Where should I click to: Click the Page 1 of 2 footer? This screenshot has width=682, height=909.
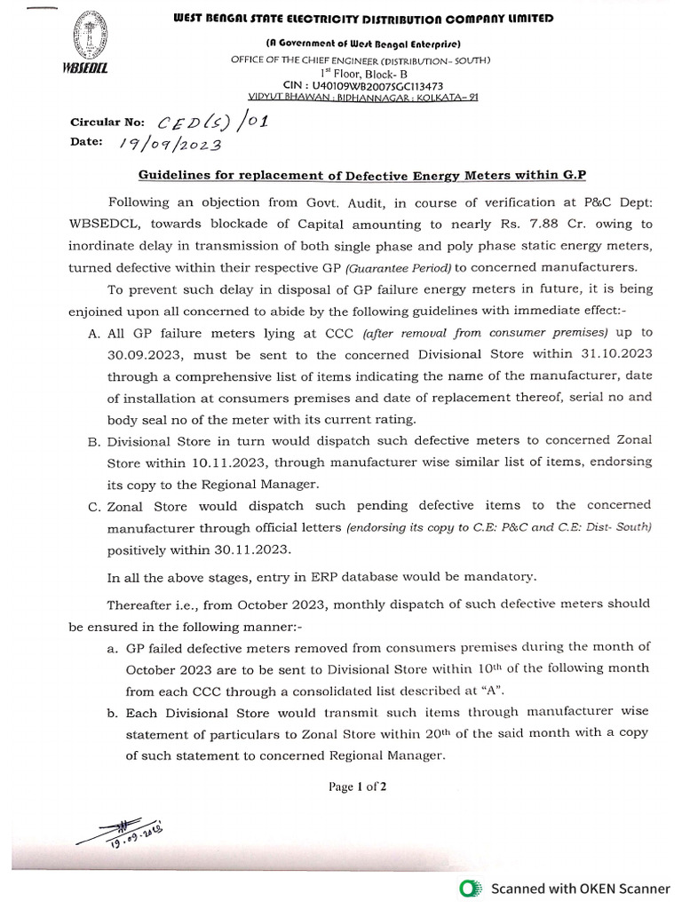point(357,786)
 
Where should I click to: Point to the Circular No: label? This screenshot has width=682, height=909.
point(106,123)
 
